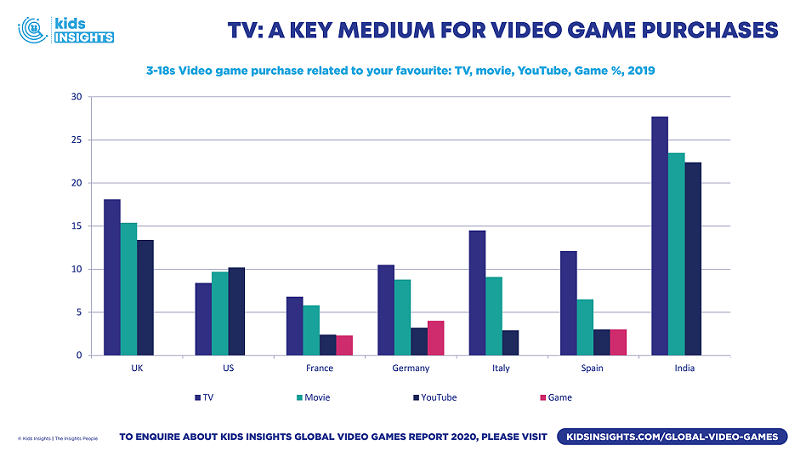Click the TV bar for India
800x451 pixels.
659,236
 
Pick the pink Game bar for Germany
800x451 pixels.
435,338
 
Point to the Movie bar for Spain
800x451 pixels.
586,327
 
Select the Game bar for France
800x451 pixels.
345,345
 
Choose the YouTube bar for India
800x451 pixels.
693,259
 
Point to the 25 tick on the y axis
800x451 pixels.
75,140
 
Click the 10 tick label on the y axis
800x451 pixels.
75,269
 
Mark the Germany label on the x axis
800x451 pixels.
410,368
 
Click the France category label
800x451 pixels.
319,368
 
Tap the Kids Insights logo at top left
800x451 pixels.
65,30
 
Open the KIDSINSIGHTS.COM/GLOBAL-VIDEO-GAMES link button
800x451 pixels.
672,437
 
